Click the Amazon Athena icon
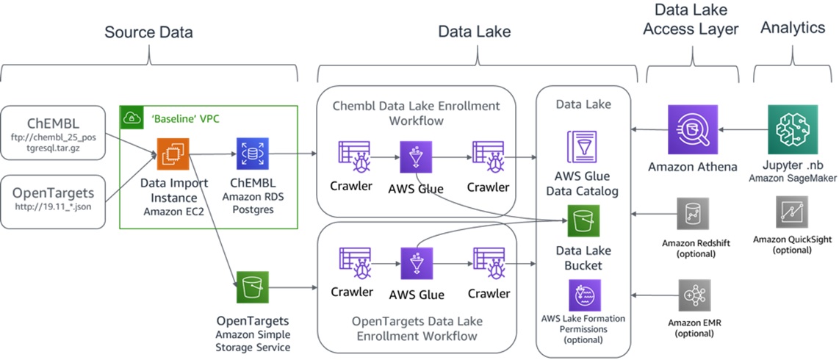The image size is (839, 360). [x=692, y=129]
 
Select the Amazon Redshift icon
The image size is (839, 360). [x=692, y=214]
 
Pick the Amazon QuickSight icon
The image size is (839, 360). [x=792, y=212]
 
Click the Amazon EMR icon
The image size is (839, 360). [x=694, y=295]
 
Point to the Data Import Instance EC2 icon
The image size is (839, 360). [x=173, y=154]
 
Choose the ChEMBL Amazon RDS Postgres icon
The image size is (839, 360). [x=253, y=154]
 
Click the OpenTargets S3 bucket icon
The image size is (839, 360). [x=253, y=287]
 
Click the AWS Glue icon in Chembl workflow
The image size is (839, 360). [x=416, y=156]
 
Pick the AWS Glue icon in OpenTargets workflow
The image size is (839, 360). [x=416, y=263]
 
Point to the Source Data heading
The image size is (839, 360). [x=148, y=32]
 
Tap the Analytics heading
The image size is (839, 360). [x=793, y=27]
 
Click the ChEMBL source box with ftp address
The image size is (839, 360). [x=53, y=133]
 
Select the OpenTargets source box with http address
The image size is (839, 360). [x=53, y=201]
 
